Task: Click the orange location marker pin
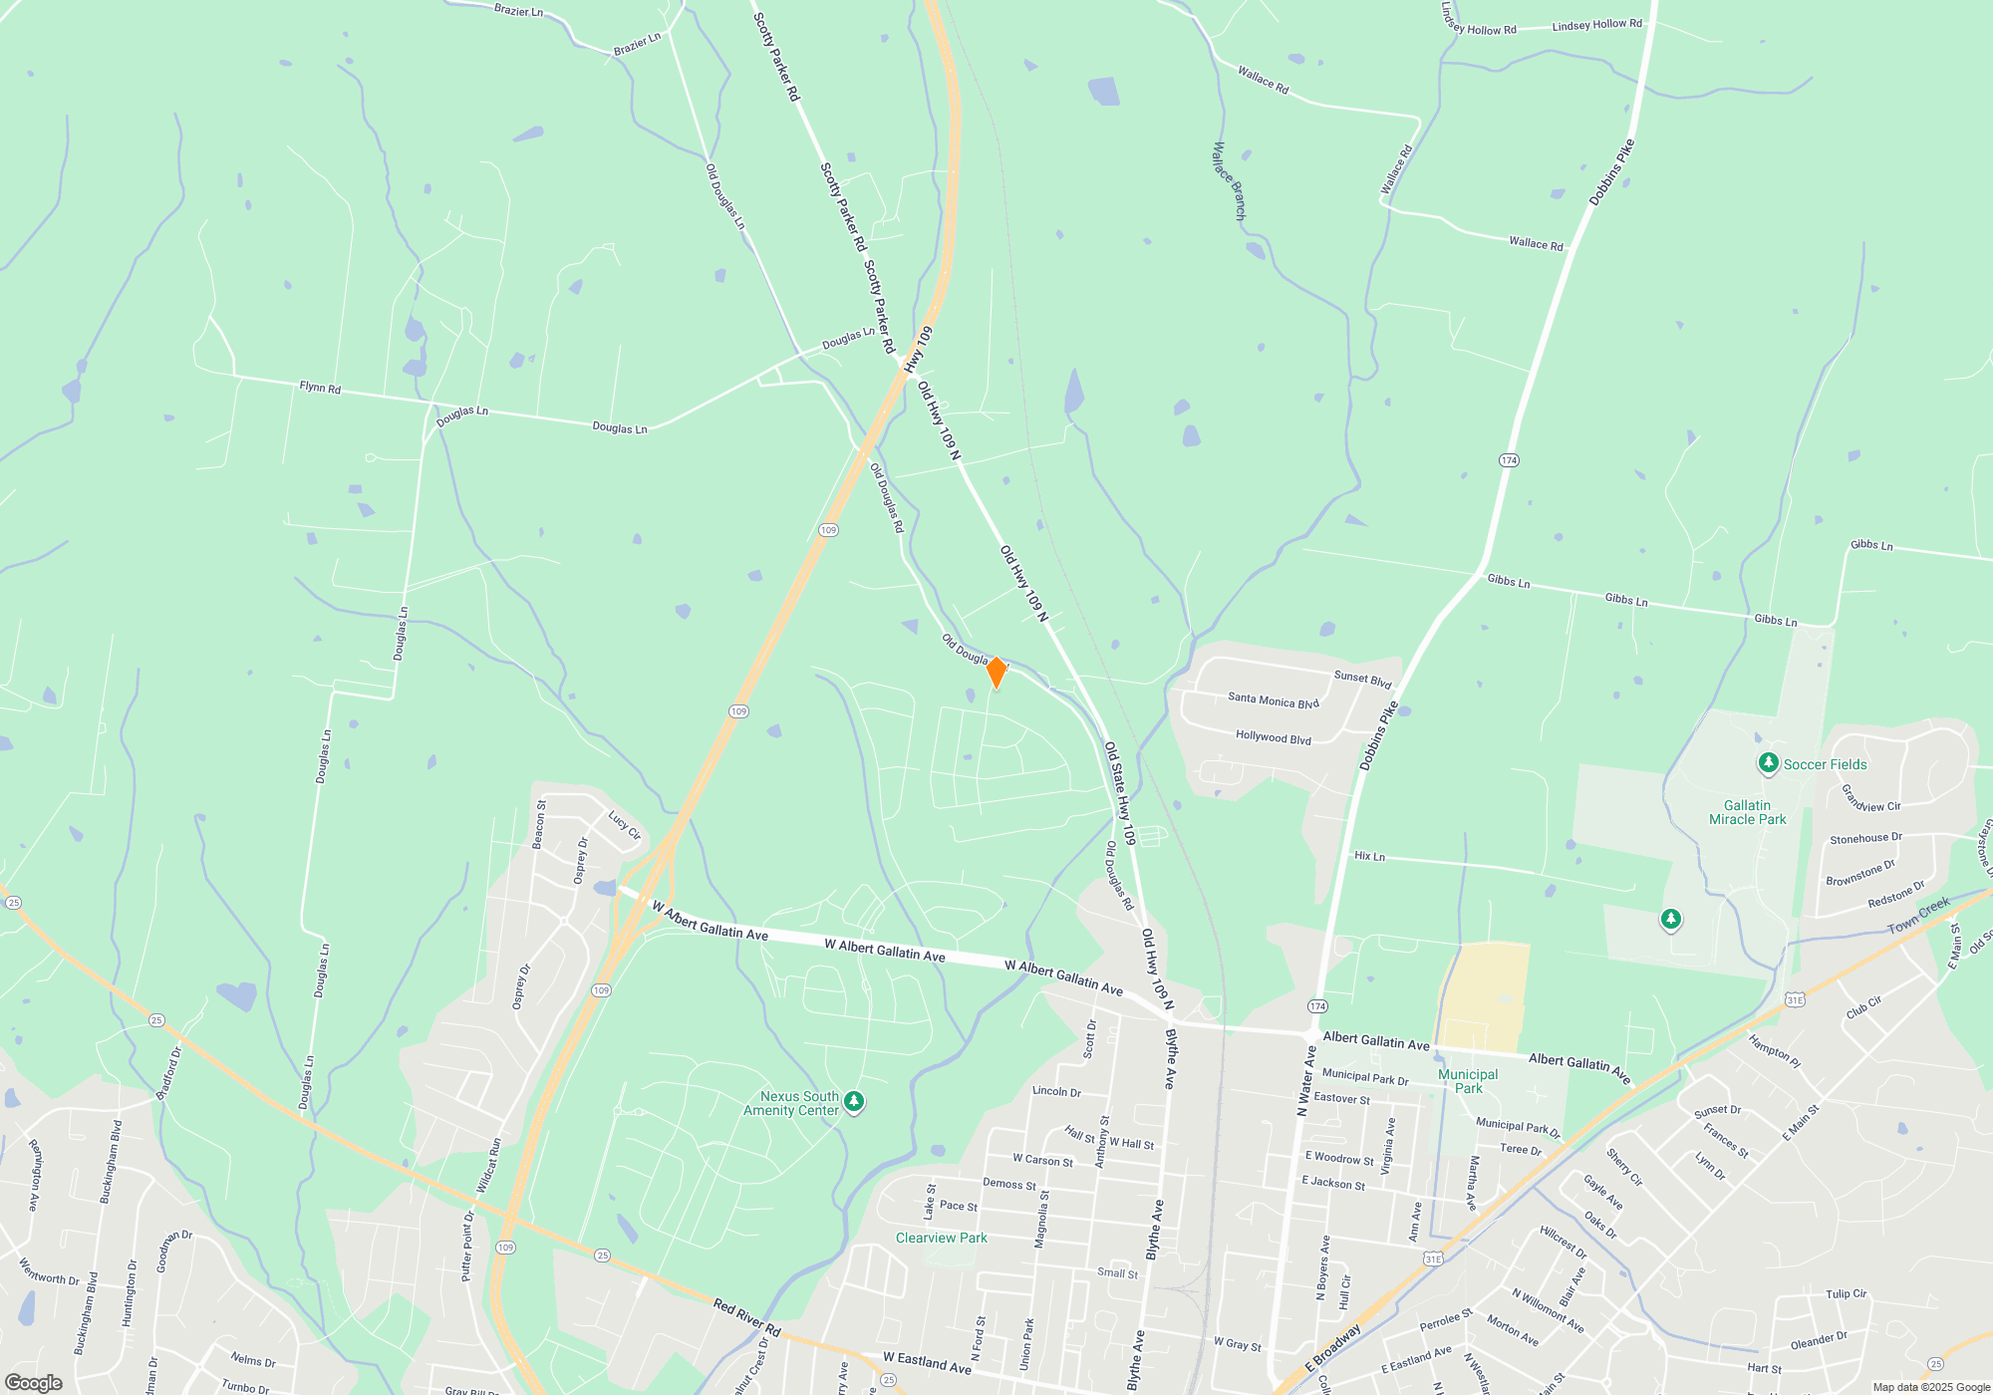(x=996, y=673)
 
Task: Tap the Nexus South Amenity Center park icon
(x=854, y=1101)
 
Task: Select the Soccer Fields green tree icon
(x=1768, y=763)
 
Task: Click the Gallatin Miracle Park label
(x=1747, y=812)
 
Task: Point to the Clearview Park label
(x=941, y=1238)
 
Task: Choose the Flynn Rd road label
(x=320, y=387)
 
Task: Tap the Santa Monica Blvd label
(x=1273, y=700)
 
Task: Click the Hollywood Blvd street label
(x=1273, y=737)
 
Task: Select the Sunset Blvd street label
(x=1362, y=679)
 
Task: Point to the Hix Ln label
(x=1369, y=856)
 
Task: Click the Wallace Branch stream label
(x=1229, y=180)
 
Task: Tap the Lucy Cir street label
(x=624, y=825)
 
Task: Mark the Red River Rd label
(x=746, y=1317)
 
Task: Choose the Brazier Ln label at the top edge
(x=518, y=11)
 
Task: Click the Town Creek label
(x=1918, y=915)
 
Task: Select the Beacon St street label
(x=539, y=824)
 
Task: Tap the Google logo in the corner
(x=34, y=1383)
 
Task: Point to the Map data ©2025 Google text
(x=1930, y=1387)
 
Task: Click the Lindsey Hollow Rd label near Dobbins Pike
(x=1596, y=24)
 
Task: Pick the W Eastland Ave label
(x=927, y=1362)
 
